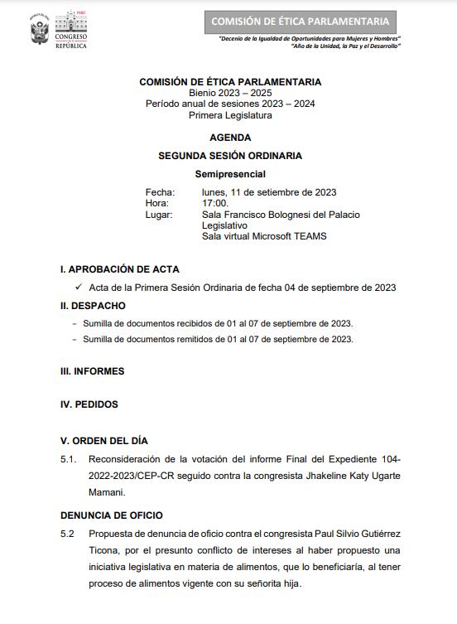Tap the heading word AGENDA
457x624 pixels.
(x=230, y=138)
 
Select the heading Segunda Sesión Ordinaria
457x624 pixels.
(x=230, y=155)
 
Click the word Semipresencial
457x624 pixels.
(x=230, y=174)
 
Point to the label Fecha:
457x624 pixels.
(x=160, y=192)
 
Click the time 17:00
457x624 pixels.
(x=215, y=203)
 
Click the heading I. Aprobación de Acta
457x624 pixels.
(x=120, y=269)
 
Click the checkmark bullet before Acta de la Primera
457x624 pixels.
(x=78, y=287)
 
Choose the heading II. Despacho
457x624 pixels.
(x=93, y=305)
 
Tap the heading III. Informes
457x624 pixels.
(x=93, y=371)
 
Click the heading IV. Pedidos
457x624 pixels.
(x=89, y=404)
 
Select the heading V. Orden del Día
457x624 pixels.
(x=104, y=440)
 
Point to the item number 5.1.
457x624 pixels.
(x=68, y=458)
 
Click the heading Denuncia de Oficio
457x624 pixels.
(x=112, y=515)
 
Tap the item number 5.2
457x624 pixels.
(x=68, y=535)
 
